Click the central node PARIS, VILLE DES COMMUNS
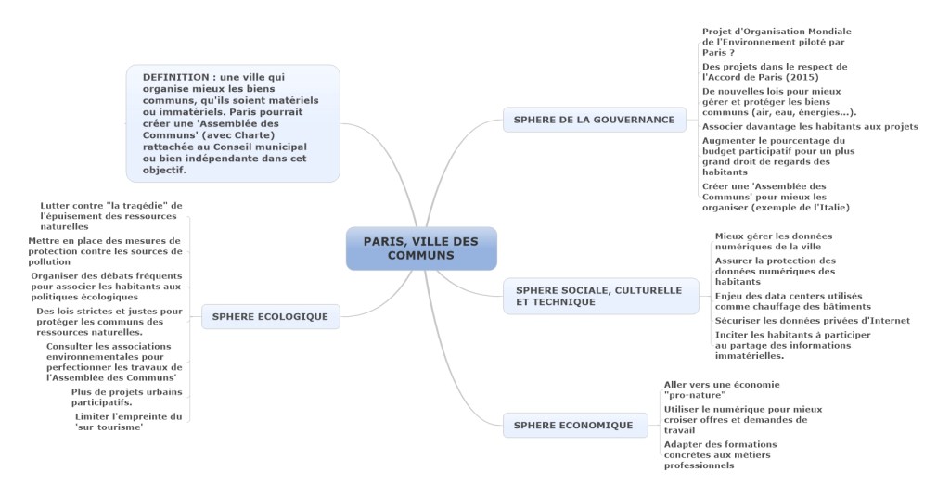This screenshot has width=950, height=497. click(x=421, y=248)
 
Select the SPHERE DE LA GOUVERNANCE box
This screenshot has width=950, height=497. click(x=594, y=120)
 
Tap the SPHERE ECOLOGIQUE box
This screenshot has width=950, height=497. click(x=270, y=316)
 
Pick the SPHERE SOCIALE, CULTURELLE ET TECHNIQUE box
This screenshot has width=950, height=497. click(x=598, y=296)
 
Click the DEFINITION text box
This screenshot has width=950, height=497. click(x=233, y=123)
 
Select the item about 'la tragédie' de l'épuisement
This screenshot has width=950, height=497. click(x=111, y=215)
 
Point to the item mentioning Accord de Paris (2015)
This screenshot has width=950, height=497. click(x=775, y=72)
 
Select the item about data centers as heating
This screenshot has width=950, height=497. click(x=793, y=300)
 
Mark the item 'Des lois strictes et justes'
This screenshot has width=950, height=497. click(x=109, y=321)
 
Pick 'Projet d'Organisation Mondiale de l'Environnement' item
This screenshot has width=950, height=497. click(x=777, y=42)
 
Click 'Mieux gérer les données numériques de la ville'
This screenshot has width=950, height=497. click(x=774, y=241)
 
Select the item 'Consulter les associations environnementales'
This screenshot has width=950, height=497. click(x=114, y=362)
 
